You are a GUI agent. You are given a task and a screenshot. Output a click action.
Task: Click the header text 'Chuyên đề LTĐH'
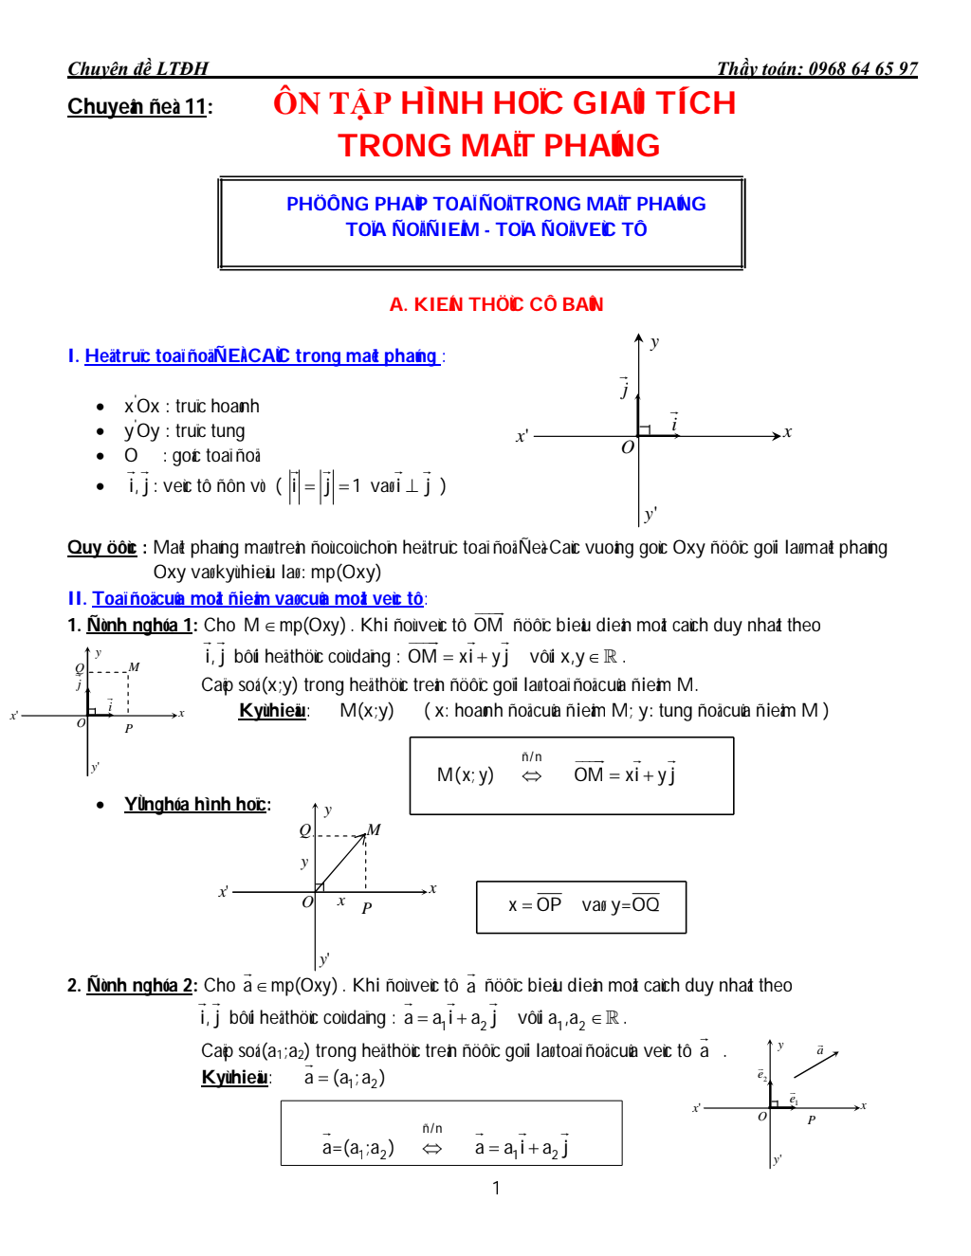click(137, 68)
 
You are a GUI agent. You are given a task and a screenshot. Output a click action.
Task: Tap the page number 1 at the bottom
click(496, 1188)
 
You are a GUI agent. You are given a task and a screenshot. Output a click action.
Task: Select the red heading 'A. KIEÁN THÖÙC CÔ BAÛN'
click(496, 304)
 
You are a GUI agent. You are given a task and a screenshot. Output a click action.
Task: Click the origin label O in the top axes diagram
click(627, 447)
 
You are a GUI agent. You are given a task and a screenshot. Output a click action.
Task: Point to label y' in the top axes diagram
click(650, 514)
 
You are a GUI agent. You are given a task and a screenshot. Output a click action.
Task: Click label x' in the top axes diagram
click(522, 437)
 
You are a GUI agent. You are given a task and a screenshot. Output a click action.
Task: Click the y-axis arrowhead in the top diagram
click(639, 338)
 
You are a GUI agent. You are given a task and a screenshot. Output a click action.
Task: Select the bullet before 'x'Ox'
click(101, 407)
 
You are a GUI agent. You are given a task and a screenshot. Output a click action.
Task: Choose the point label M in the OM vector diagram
click(374, 829)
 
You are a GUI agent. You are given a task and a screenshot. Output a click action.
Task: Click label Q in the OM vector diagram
click(304, 830)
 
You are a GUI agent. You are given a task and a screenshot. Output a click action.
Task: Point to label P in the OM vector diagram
click(367, 908)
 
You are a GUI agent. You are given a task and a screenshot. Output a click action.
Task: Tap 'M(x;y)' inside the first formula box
click(465, 775)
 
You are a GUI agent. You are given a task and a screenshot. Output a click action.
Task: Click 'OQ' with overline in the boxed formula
click(645, 904)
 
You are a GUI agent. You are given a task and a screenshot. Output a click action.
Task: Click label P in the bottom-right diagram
click(812, 1119)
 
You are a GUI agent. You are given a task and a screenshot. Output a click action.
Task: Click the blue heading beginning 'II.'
click(247, 599)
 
